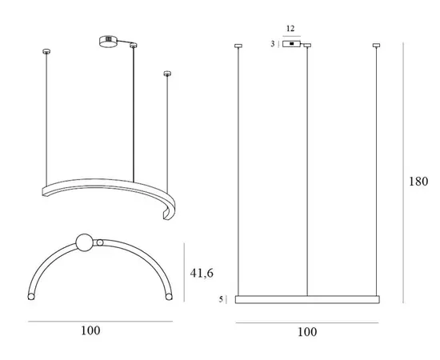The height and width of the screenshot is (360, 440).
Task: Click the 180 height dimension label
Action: point(418,182)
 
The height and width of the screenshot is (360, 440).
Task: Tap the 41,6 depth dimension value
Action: point(202,273)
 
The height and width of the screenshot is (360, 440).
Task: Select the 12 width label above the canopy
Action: point(290,28)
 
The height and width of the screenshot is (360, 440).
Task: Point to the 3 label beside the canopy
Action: point(273,44)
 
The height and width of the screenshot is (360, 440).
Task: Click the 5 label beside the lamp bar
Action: point(221,299)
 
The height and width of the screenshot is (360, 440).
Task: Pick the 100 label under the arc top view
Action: point(90,330)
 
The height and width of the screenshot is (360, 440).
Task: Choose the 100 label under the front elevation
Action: point(307,332)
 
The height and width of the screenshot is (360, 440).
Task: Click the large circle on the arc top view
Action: point(84,242)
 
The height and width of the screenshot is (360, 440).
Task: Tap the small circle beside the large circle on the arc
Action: point(100,242)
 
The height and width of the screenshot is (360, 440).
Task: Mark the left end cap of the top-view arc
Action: point(31,297)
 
